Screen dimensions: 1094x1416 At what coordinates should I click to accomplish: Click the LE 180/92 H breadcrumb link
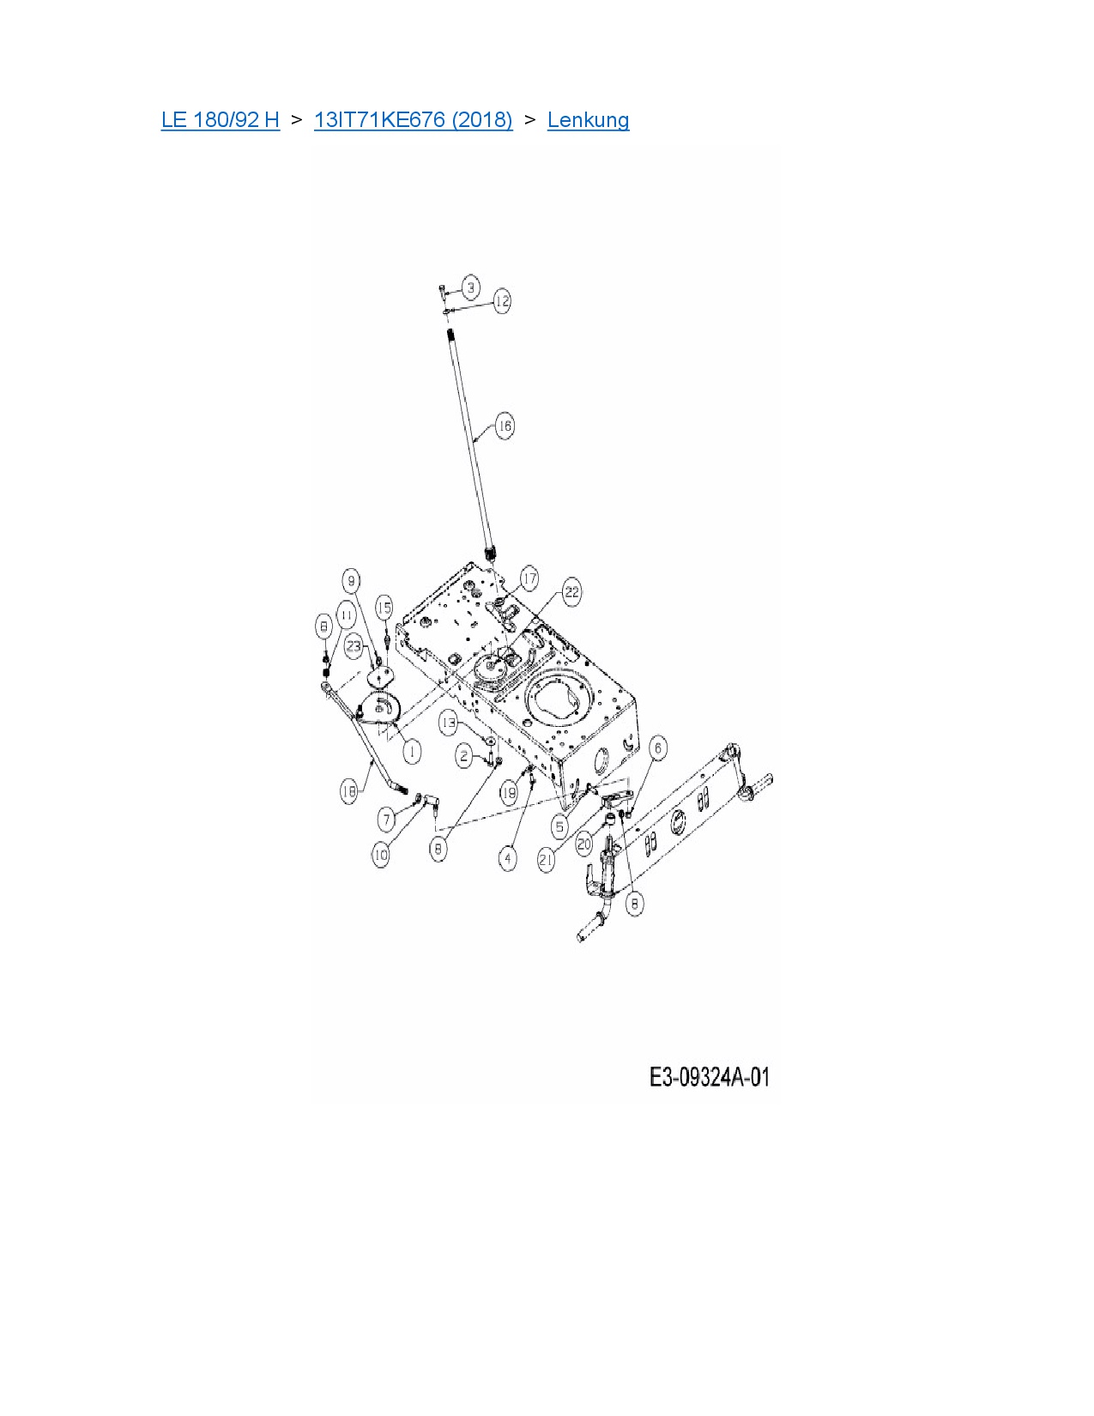[x=220, y=119]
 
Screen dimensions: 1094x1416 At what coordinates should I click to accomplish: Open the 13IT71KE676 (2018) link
[x=413, y=119]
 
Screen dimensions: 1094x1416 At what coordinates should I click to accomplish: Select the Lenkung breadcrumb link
[x=588, y=119]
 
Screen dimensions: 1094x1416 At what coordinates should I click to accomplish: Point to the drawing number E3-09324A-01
[x=709, y=1076]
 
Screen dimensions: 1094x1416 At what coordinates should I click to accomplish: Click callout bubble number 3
[x=470, y=287]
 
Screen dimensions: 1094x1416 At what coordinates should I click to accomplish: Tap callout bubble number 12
[x=502, y=300]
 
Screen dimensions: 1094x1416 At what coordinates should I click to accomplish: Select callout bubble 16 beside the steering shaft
[x=505, y=426]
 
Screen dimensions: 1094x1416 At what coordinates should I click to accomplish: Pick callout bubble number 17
[x=529, y=579]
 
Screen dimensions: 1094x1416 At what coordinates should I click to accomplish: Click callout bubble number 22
[x=571, y=592]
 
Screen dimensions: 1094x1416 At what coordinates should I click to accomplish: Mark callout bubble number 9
[x=351, y=581]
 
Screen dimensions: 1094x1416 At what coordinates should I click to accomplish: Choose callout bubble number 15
[x=384, y=608]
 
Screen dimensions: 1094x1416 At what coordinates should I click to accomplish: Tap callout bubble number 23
[x=354, y=646]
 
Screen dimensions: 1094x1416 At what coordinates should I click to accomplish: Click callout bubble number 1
[x=413, y=752]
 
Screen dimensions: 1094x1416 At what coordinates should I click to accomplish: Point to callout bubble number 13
[x=449, y=723]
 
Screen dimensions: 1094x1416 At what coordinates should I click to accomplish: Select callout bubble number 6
[x=658, y=748]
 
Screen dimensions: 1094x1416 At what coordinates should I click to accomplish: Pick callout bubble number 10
[x=381, y=855]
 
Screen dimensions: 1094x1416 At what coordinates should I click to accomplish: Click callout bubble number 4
[x=508, y=857]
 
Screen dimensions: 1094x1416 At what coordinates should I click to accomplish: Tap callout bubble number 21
[x=547, y=860]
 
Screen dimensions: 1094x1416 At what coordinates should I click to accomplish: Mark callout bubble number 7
[x=387, y=819]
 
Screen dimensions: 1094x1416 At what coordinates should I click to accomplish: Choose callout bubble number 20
[x=584, y=844]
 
